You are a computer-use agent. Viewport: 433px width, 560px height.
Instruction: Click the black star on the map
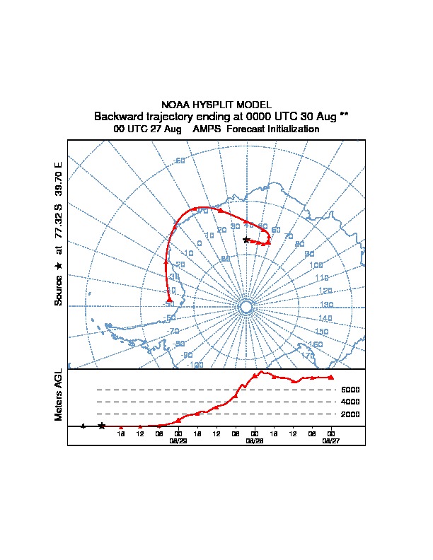[x=246, y=240]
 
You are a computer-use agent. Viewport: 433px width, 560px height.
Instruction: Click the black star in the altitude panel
[x=102, y=426]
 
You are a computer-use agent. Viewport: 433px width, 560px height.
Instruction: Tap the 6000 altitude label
[x=350, y=390]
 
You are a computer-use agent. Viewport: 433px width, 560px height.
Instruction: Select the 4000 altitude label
[x=350, y=402]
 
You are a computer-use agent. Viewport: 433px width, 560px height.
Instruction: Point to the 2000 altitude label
[x=350, y=414]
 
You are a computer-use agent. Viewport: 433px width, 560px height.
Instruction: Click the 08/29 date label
[x=178, y=440]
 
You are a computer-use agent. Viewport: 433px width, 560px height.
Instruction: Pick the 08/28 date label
[x=254, y=440]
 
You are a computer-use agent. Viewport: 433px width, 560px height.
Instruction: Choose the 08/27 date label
[x=330, y=440]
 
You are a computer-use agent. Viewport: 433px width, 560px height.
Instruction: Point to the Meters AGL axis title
[x=59, y=395]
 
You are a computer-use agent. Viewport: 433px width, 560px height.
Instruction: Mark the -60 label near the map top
[x=180, y=161]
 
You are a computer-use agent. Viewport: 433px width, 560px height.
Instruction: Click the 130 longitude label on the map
[x=326, y=305]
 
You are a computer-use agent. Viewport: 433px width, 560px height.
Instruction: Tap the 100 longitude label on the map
[x=316, y=265]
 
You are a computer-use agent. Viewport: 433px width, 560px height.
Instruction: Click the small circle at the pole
[x=246, y=306]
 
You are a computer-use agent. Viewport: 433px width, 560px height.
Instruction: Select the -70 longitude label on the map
[x=173, y=330]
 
